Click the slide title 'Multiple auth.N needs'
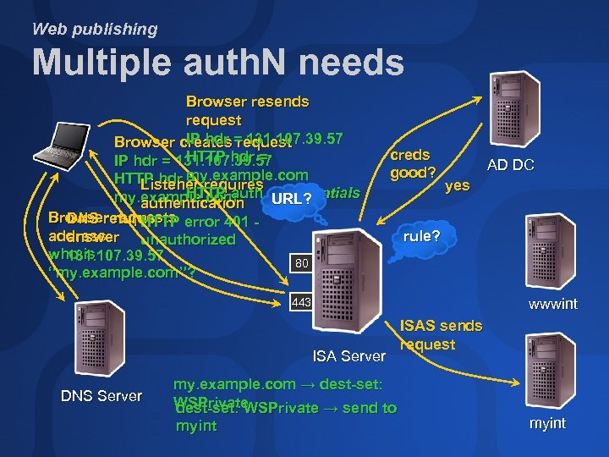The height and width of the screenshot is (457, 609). tap(217, 63)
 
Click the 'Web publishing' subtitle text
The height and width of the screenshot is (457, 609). tap(95, 29)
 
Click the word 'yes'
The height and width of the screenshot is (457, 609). tap(457, 185)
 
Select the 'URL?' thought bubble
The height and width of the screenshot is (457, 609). tap(293, 200)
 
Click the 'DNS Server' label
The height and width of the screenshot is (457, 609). tap(102, 395)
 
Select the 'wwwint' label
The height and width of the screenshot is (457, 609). tap(553, 304)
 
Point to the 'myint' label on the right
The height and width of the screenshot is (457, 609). tap(547, 423)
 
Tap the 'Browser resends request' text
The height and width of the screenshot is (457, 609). tap(247, 111)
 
